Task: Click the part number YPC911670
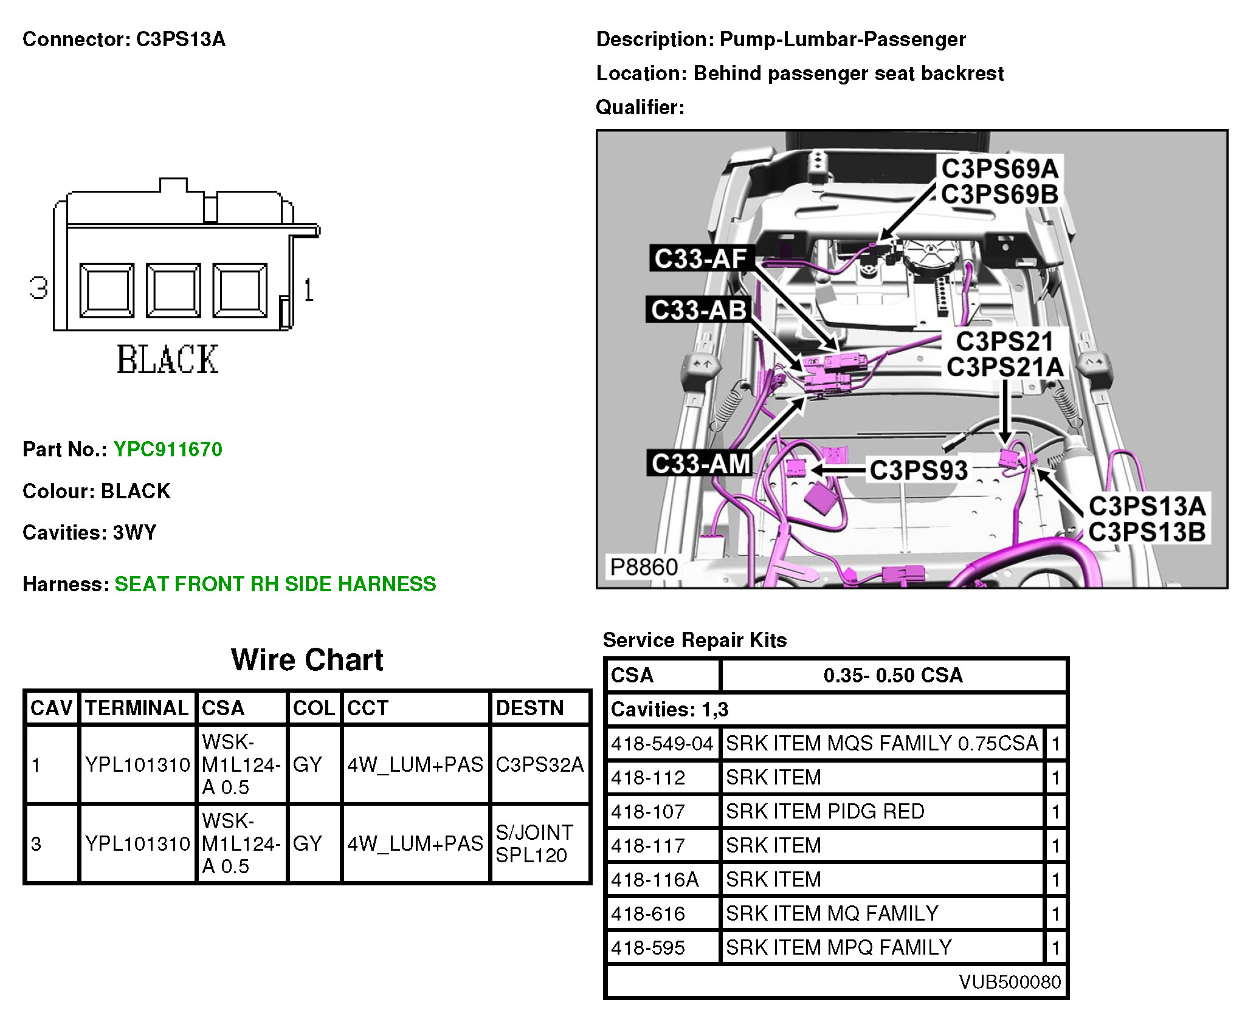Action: point(168,449)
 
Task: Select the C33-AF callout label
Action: point(700,259)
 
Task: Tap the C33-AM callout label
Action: point(700,464)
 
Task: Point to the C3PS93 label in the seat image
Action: point(919,470)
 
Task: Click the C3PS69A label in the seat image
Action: point(1000,168)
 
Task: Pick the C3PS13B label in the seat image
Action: point(1147,532)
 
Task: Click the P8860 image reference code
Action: point(643,567)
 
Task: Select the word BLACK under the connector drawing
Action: point(167,360)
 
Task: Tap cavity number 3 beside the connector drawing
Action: point(38,287)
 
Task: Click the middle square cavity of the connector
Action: point(173,290)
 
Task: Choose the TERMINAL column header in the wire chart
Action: point(137,708)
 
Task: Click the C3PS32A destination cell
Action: point(539,764)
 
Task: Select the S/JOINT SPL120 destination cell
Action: point(534,843)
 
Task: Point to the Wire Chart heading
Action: point(307,660)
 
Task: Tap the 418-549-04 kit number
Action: point(662,743)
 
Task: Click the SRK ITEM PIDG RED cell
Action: point(825,811)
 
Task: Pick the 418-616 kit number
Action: point(648,913)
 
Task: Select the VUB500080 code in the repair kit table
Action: point(1009,981)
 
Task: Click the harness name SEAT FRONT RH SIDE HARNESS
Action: point(275,584)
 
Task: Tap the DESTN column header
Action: point(529,708)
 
